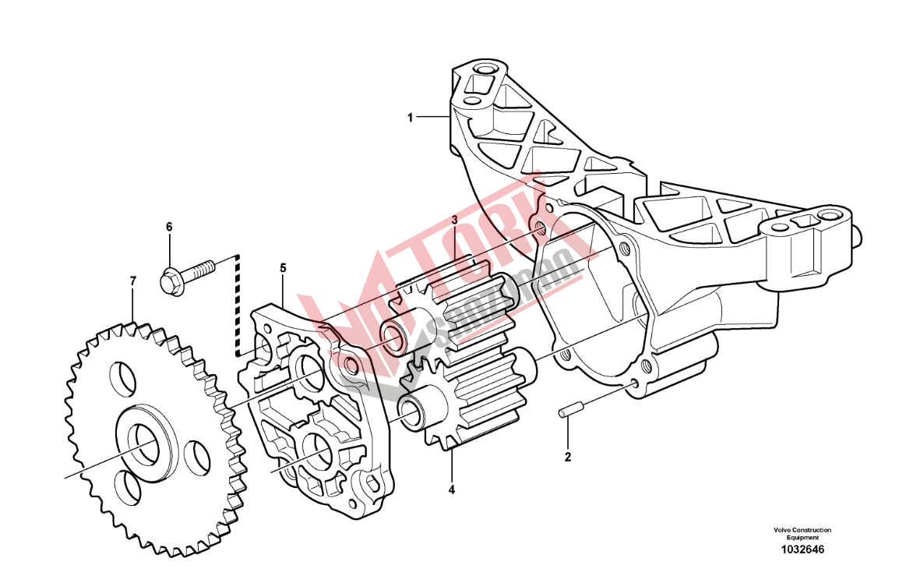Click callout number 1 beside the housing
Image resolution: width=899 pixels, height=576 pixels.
point(410,118)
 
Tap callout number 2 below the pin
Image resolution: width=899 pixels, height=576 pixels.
point(568,458)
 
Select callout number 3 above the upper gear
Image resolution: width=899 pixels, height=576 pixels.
point(454,220)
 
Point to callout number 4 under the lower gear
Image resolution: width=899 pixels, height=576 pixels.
point(452,489)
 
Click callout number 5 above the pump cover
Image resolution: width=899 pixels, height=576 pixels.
point(284,268)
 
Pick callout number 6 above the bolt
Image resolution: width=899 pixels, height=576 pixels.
point(169,227)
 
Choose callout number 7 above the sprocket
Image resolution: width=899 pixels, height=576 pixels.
point(133,281)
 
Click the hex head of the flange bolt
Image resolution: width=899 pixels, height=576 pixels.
point(171,281)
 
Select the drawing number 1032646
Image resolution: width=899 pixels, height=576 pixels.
point(802,549)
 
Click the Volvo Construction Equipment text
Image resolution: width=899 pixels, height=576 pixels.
point(802,534)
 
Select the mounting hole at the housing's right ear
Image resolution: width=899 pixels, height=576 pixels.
point(827,216)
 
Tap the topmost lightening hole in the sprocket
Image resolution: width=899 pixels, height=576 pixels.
point(123,380)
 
